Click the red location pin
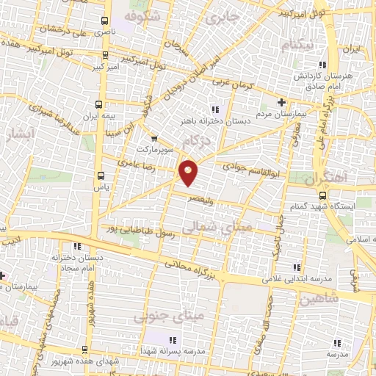coord(189,172)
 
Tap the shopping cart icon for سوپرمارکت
coord(153,138)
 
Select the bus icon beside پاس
coord(101,176)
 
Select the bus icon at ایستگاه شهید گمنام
coord(324,195)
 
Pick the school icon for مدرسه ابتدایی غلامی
coord(297,267)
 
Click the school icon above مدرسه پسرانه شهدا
coord(173,340)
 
